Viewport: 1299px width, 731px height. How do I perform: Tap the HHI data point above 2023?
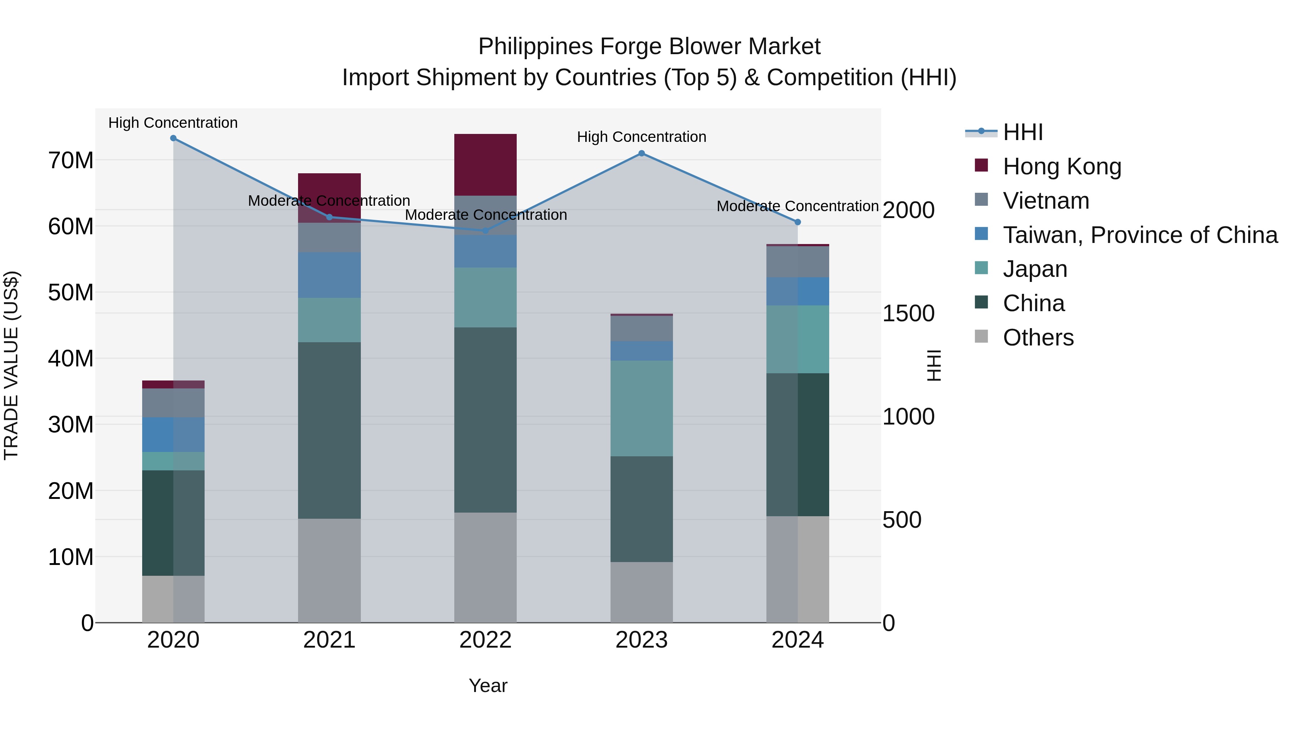(x=642, y=153)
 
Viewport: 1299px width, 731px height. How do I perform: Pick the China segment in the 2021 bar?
(x=329, y=430)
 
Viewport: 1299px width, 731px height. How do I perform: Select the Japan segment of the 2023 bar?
(x=642, y=408)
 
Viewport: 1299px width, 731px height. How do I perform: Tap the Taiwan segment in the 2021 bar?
(x=329, y=275)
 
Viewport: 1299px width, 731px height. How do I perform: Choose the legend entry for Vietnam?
(x=1045, y=201)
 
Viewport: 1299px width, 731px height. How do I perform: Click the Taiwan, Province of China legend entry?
(x=1140, y=235)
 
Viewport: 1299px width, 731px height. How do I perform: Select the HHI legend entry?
(x=1022, y=132)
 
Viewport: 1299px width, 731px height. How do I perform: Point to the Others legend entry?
(x=1038, y=338)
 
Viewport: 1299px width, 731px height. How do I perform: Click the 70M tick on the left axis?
(x=71, y=160)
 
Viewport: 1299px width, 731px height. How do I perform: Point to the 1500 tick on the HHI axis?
(x=908, y=313)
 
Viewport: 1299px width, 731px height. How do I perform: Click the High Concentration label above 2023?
(x=642, y=137)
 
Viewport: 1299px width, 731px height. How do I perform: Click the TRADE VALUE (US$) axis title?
(x=11, y=365)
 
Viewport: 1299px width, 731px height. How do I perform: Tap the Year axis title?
(x=487, y=686)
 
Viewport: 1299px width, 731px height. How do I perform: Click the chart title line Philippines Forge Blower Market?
(x=649, y=47)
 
